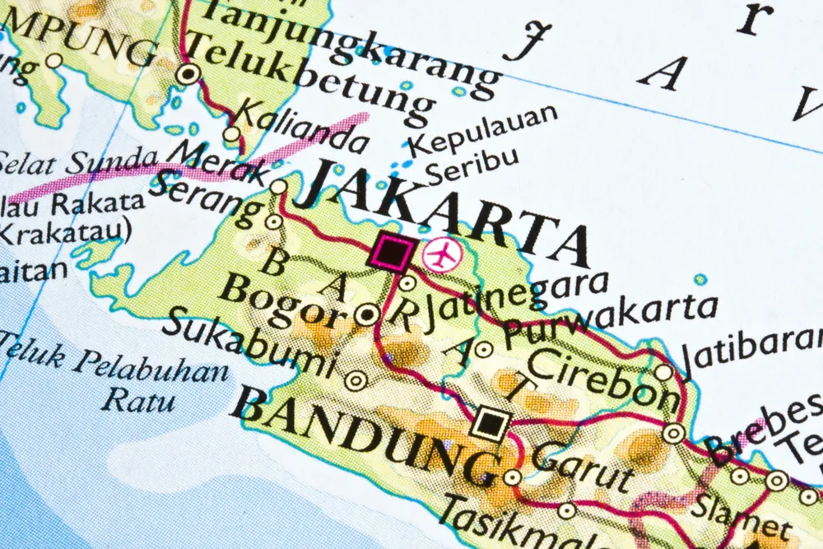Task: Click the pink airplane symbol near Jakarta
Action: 443,254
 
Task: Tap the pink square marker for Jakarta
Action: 390,251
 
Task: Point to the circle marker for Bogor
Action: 367,314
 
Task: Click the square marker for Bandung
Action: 491,423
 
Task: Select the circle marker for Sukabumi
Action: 356,380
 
